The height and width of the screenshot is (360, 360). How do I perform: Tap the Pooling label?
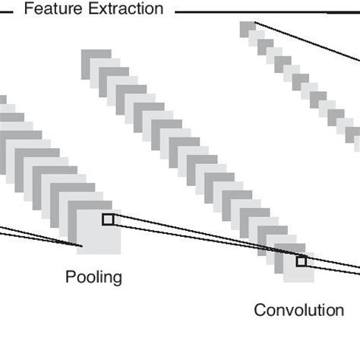tap(93, 276)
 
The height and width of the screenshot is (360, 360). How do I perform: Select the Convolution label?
tap(298, 310)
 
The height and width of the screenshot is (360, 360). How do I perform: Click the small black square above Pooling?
tap(108, 219)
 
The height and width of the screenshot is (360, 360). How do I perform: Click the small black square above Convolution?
tap(302, 261)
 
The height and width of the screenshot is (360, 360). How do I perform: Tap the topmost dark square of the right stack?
tap(248, 28)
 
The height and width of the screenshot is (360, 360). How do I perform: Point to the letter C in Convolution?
tap(260, 310)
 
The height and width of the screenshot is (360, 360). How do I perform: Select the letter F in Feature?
tap(29, 9)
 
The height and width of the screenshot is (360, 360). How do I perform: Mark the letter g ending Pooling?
tap(117, 279)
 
